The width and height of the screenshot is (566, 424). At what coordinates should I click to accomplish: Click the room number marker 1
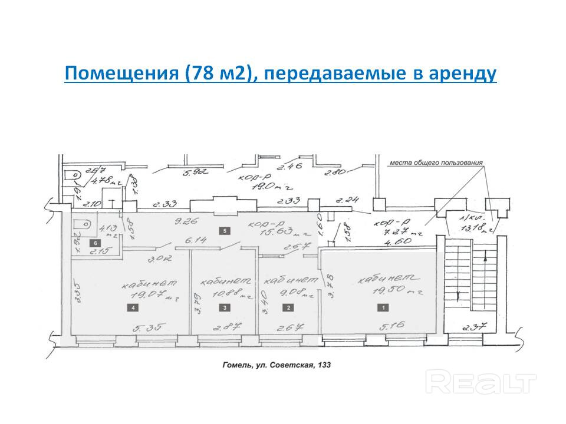384,307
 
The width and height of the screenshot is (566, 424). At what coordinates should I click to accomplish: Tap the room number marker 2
288,307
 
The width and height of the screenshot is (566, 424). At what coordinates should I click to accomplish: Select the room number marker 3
223,307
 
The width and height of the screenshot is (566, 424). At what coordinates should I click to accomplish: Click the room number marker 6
93,242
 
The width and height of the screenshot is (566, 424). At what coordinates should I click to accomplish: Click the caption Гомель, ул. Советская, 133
277,365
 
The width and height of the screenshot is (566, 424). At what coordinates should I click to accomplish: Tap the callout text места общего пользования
436,162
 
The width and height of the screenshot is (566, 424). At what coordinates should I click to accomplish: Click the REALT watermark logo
481,383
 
